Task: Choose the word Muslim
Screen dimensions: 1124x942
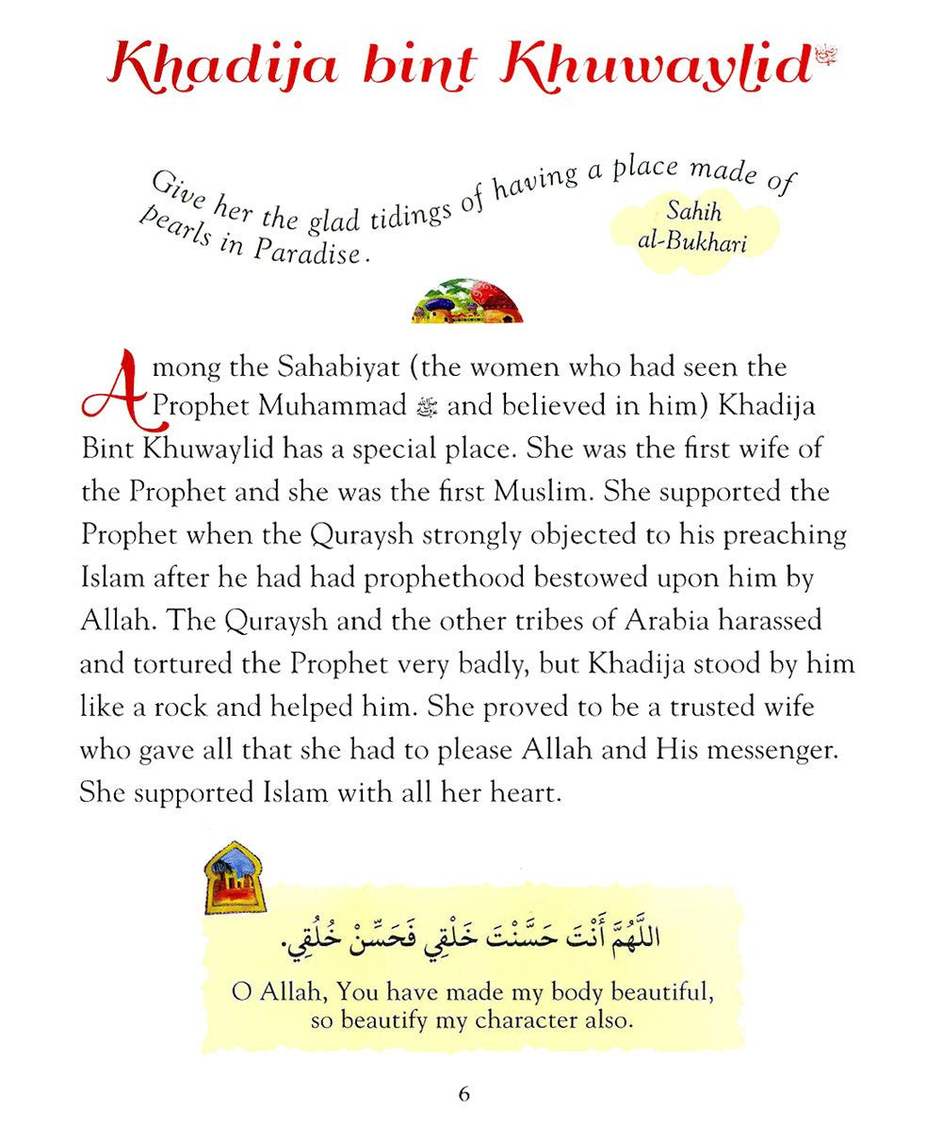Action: point(544,491)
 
